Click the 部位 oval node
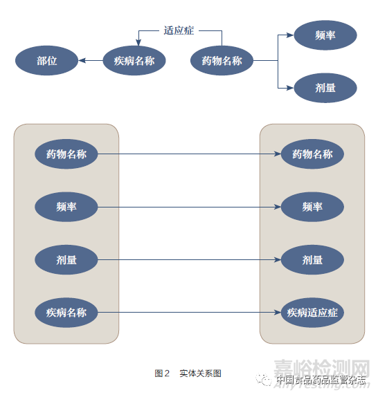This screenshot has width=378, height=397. [47, 61]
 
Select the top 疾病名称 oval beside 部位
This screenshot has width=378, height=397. [134, 61]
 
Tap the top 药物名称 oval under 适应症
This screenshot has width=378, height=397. [222, 61]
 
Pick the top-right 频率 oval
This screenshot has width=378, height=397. [325, 35]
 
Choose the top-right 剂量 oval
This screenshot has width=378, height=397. [325, 88]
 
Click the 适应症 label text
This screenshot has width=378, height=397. [179, 30]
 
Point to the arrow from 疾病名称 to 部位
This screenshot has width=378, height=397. [90, 61]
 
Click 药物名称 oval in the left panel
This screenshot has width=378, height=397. [66, 154]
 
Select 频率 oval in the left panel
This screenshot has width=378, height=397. [66, 207]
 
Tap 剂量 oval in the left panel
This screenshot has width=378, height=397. [66, 260]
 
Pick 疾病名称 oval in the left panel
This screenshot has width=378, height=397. [66, 313]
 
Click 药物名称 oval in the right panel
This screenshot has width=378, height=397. [312, 154]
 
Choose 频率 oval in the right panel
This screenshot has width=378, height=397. [312, 207]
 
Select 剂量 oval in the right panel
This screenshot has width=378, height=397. [312, 260]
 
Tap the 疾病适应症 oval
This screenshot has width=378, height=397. [312, 313]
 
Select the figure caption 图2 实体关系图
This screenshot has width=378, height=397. [188, 373]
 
